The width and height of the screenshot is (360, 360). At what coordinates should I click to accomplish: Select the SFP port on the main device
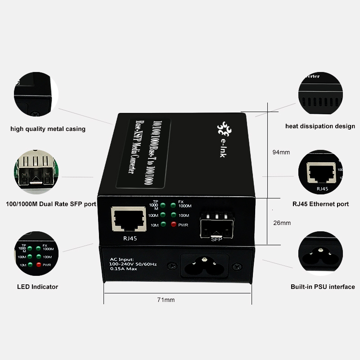(x=217, y=224)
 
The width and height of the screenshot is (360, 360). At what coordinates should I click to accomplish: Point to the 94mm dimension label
(x=281, y=152)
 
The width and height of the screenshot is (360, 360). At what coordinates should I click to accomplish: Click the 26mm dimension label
(x=282, y=223)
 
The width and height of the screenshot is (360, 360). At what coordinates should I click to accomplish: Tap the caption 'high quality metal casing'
(x=48, y=129)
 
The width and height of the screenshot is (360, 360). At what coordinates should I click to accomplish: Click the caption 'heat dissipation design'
(x=320, y=126)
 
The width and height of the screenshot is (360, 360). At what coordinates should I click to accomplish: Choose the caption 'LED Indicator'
(x=37, y=287)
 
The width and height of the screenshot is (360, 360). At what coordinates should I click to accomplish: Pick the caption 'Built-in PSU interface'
(x=322, y=287)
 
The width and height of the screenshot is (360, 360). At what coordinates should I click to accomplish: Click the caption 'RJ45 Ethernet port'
(x=320, y=204)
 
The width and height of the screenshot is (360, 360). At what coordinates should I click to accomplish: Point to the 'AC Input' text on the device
(x=122, y=259)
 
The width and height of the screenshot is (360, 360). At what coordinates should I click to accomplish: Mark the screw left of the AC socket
(x=171, y=266)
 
